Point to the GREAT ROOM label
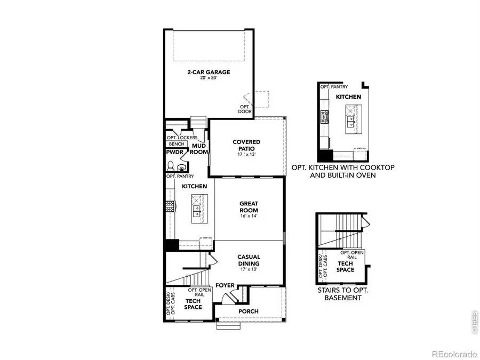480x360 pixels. (249, 206)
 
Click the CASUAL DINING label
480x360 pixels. (249, 260)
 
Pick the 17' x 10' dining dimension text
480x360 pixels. (249, 269)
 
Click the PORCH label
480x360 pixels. (249, 311)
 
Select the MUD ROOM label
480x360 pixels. (199, 148)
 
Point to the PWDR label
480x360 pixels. (174, 152)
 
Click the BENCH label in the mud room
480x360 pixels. (176, 144)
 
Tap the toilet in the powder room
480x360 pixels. (171, 166)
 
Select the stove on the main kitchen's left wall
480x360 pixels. (170, 206)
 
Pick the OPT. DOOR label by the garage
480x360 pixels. (245, 109)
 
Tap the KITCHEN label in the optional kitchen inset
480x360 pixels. (348, 97)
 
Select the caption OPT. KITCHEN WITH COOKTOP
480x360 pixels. (343, 167)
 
